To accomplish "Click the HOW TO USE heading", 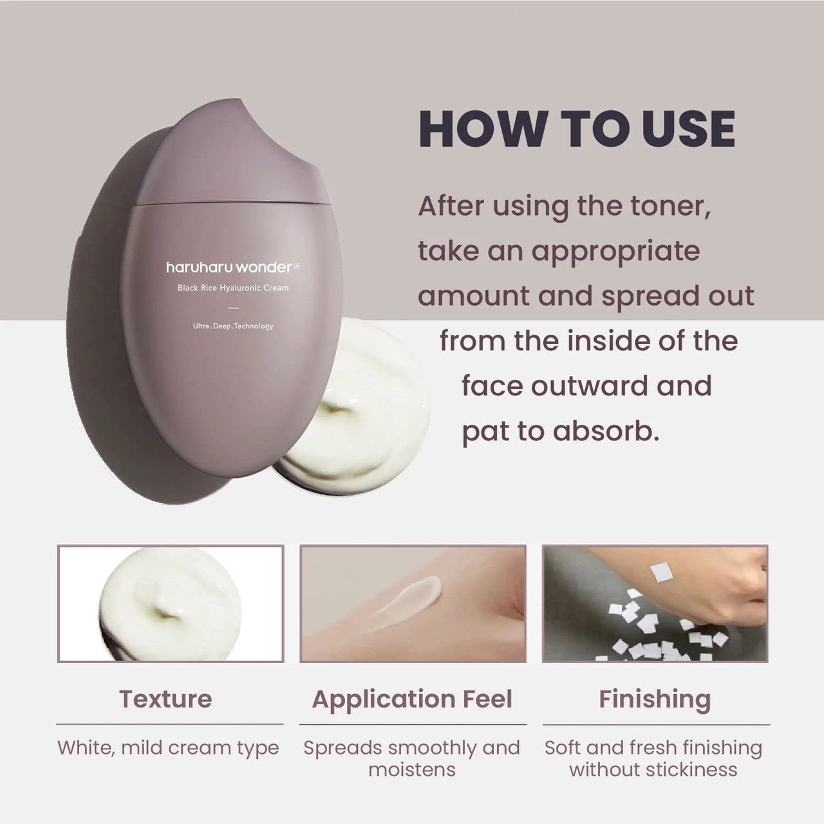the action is click(x=577, y=129).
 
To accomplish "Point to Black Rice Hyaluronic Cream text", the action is click(x=233, y=288).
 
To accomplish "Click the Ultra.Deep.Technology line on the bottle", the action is click(x=233, y=326).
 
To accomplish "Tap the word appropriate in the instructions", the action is click(x=616, y=252).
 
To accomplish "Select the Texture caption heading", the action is click(x=165, y=699).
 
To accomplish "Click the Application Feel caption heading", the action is click(x=412, y=700).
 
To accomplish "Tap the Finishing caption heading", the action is click(x=655, y=700).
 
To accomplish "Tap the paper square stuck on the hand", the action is click(x=661, y=572).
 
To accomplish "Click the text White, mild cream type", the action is click(x=168, y=748).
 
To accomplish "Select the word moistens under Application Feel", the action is click(x=412, y=770).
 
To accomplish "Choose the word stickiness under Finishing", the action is click(x=691, y=770).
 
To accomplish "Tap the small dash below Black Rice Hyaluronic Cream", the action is click(x=233, y=308).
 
